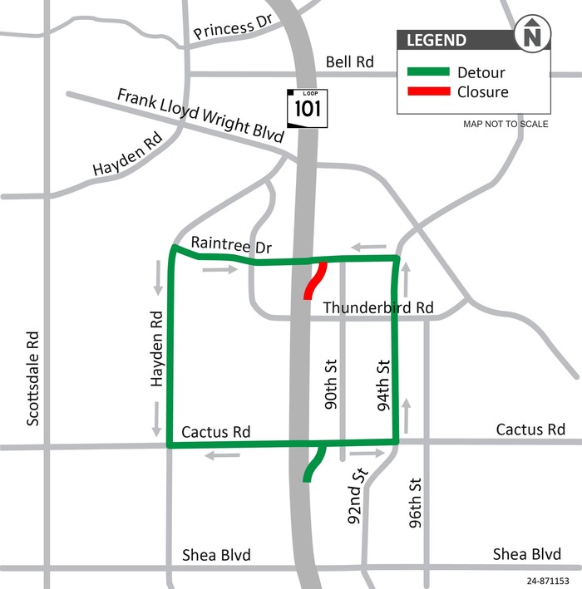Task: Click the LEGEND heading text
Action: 436,40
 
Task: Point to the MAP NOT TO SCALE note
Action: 506,125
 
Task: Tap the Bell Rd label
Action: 350,61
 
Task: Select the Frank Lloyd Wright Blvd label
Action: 200,117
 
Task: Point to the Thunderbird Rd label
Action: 378,307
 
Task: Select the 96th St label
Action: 416,503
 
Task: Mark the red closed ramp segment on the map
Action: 314,281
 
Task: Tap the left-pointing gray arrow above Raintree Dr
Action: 367,247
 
